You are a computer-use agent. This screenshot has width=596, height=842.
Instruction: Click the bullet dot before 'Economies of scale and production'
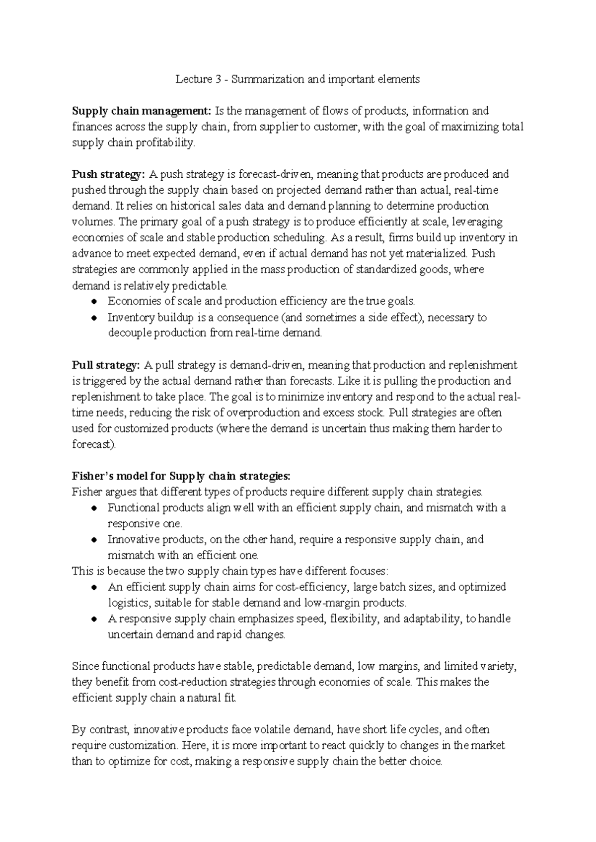(x=94, y=301)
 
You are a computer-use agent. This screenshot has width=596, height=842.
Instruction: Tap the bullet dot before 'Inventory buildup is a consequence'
(x=94, y=317)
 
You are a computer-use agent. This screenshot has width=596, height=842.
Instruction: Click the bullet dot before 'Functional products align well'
(x=94, y=508)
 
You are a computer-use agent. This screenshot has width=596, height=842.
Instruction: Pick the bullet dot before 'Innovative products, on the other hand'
(x=94, y=540)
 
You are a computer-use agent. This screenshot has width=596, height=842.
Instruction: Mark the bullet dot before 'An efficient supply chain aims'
(x=94, y=587)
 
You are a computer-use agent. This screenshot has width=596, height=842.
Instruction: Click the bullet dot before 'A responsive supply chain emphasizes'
(x=94, y=619)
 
